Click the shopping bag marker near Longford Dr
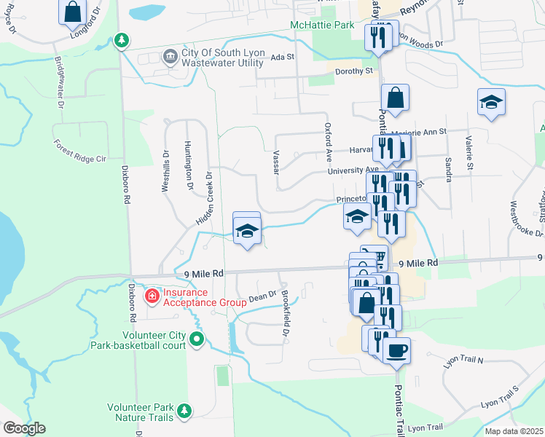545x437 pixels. [73, 12]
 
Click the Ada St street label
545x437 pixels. [282, 57]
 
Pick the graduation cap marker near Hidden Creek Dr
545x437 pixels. [247, 232]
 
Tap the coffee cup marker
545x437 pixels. [396, 350]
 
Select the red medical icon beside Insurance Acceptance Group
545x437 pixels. [151, 296]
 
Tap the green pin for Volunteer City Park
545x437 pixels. [197, 339]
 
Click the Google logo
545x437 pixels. [24, 428]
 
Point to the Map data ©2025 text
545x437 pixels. [514, 431]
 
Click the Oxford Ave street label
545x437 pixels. [329, 142]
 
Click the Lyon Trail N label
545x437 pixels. [463, 361]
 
